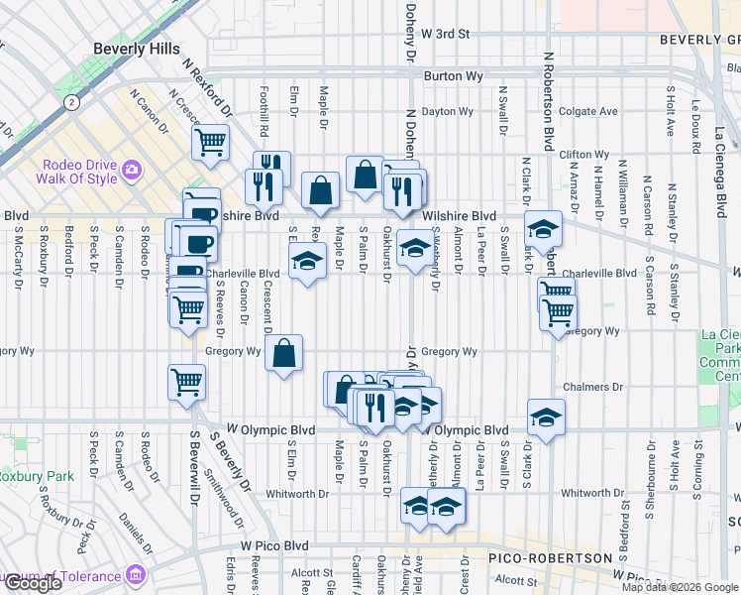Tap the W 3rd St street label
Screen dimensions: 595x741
[x=444, y=34]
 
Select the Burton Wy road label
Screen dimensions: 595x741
[x=451, y=75]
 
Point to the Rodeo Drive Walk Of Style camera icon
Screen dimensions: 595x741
[x=132, y=172]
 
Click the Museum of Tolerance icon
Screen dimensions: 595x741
[x=137, y=575]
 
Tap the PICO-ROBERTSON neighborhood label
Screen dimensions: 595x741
[x=551, y=558]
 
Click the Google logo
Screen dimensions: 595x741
[x=33, y=583]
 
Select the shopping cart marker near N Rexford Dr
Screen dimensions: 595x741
[x=211, y=143]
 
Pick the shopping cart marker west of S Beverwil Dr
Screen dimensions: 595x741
[x=187, y=382]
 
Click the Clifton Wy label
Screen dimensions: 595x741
[x=583, y=155]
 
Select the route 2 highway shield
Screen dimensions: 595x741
[x=71, y=102]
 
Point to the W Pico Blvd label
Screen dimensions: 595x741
[x=274, y=546]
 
